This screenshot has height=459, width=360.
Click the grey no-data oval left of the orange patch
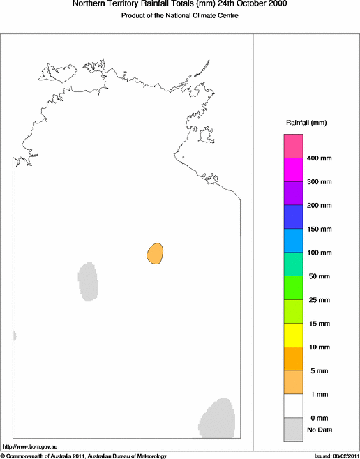point(87,280)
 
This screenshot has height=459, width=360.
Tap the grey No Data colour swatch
point(292,429)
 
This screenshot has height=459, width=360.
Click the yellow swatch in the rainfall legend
point(292,335)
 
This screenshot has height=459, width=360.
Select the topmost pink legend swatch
point(292,146)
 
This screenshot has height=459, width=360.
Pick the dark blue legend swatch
point(292,217)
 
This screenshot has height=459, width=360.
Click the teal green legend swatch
point(292,264)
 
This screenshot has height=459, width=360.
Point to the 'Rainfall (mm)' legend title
point(306,123)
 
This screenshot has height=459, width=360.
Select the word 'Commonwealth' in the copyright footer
point(29,456)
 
